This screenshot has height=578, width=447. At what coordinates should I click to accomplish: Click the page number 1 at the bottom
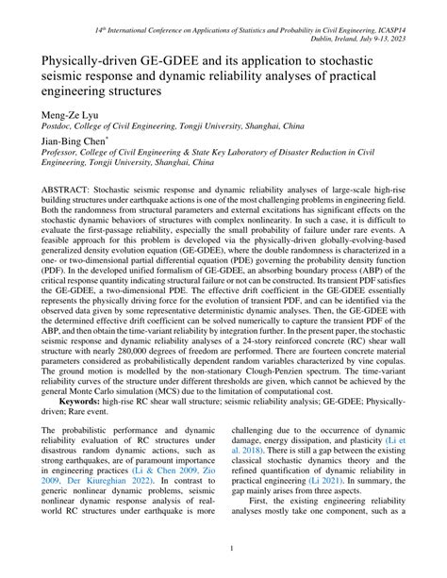click(223, 547)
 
